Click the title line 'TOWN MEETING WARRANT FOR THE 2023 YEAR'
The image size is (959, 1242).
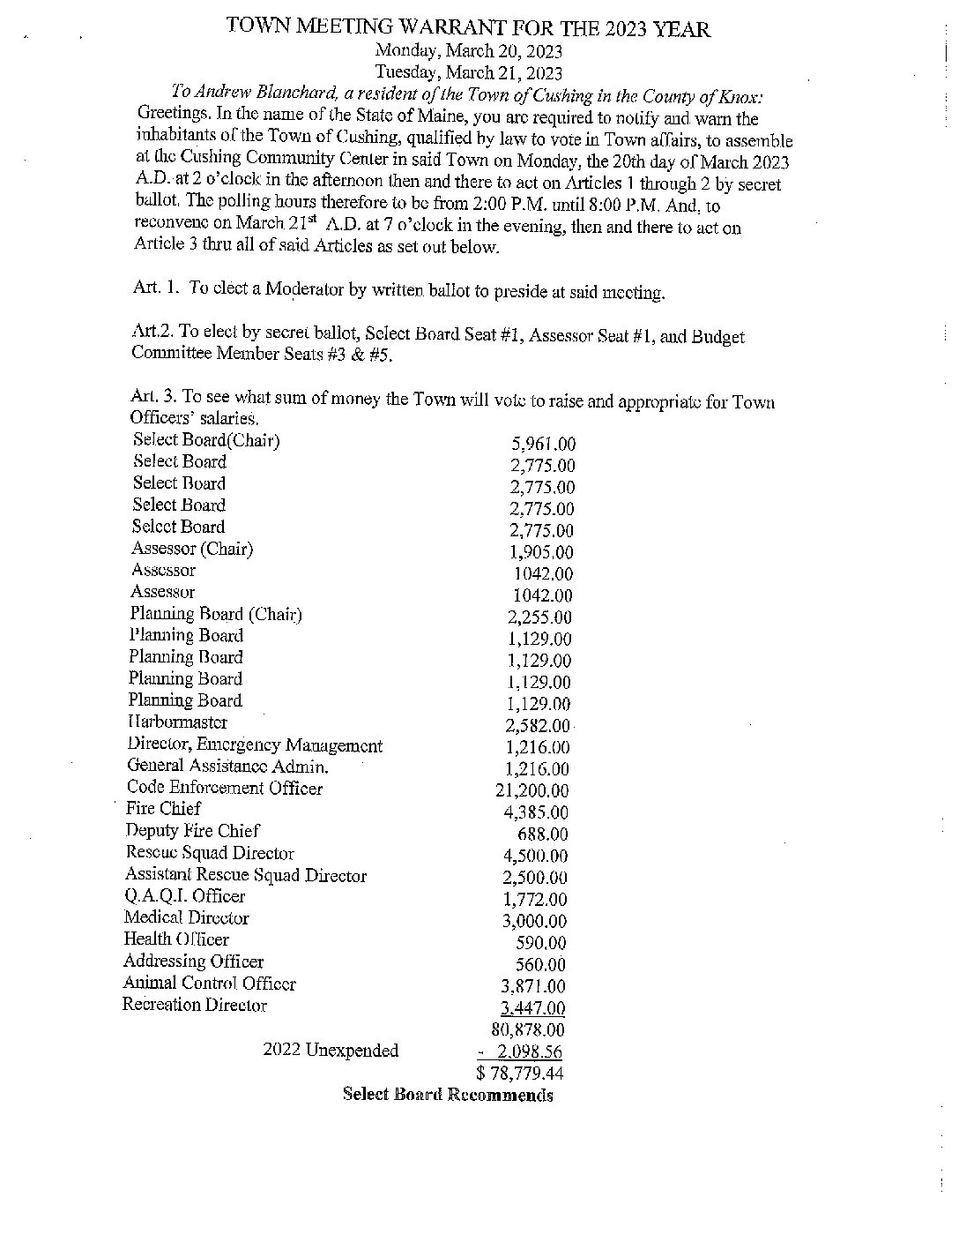click(x=468, y=28)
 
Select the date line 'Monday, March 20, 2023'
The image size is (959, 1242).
click(x=469, y=52)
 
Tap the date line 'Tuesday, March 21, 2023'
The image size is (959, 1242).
click(x=469, y=73)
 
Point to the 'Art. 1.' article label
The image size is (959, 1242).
click(x=156, y=291)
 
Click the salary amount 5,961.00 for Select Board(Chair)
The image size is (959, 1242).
click(x=543, y=445)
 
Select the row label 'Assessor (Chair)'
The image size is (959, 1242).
click(x=192, y=549)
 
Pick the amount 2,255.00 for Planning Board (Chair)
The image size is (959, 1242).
click(x=539, y=617)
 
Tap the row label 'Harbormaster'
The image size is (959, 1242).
click(x=177, y=722)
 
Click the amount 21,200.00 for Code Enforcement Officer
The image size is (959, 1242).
click(x=532, y=791)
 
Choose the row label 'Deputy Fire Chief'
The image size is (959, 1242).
click(x=192, y=831)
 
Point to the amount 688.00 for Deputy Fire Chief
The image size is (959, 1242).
click(x=542, y=834)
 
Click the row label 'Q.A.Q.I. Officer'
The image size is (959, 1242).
click(x=184, y=896)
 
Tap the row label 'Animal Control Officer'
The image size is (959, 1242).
click(x=209, y=984)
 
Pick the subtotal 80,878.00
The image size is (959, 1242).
click(x=527, y=1029)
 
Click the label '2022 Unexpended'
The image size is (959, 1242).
click(x=331, y=1051)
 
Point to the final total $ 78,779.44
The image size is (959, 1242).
click(x=519, y=1074)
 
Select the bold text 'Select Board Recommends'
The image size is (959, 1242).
click(x=448, y=1096)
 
